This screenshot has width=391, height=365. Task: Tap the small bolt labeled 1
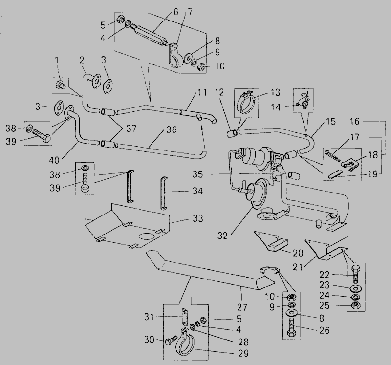click(x=60, y=85)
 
